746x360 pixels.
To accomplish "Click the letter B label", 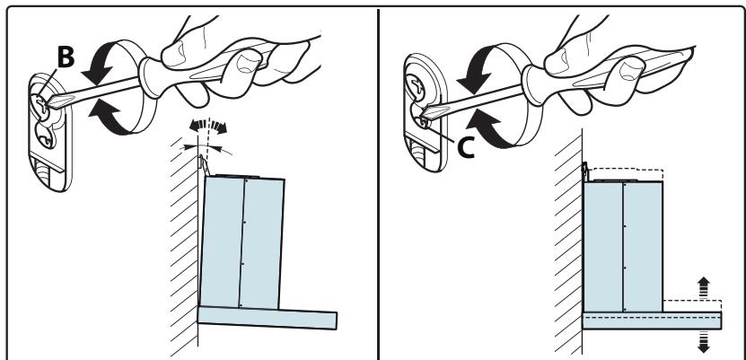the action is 66,57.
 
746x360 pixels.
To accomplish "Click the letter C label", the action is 466,147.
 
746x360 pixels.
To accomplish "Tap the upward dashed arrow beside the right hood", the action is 703,287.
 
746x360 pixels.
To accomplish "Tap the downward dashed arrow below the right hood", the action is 703,342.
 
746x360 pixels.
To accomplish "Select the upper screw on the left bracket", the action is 39,103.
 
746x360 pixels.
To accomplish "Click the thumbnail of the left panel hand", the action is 247,65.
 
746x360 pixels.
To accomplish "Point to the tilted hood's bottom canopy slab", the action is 268,317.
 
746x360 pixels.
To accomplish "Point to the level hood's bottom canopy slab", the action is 652,320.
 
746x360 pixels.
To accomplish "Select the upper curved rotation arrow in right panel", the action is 476,66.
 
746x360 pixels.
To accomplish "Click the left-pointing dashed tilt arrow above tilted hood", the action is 197,126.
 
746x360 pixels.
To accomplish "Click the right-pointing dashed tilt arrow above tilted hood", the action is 218,127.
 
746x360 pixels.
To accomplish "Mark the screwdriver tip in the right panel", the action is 425,115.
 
